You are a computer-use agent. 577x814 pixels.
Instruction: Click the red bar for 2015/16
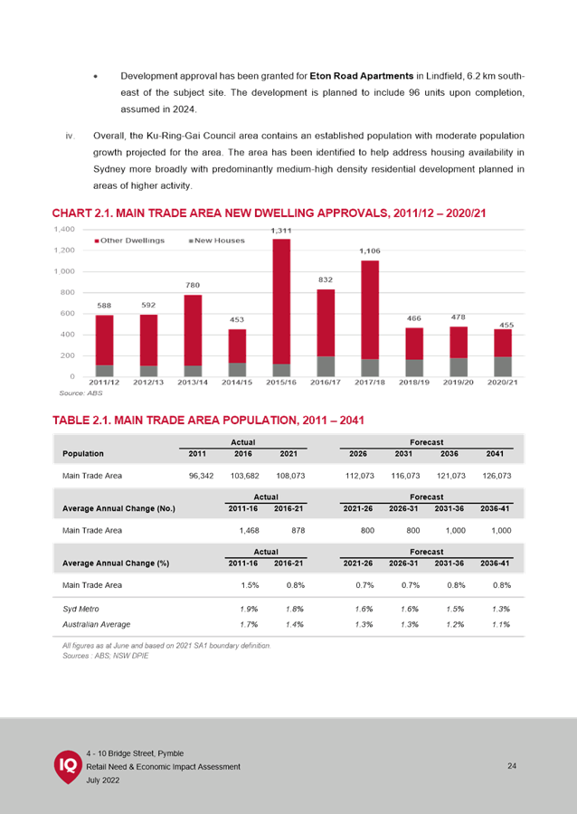(281, 301)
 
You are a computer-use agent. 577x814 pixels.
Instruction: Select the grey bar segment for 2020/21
(503, 366)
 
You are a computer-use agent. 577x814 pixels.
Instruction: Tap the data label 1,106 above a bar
(370, 251)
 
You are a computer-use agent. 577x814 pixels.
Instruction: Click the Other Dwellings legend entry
(129, 241)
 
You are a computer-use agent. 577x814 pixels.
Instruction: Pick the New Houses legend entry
(216, 241)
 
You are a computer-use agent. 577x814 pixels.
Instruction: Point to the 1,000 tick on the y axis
(65, 271)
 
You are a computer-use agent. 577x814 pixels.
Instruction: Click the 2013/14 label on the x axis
(193, 382)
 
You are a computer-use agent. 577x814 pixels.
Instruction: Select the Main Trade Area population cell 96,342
(198, 476)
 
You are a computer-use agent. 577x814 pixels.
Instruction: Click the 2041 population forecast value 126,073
(495, 476)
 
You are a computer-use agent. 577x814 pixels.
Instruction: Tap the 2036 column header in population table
(449, 454)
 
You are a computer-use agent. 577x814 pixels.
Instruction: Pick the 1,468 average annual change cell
(249, 531)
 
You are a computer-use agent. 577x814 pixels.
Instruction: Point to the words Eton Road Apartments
(362, 76)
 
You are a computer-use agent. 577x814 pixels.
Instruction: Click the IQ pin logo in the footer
(68, 766)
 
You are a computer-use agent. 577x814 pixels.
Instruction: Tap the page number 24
(512, 766)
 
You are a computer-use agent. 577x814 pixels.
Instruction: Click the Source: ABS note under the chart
(81, 393)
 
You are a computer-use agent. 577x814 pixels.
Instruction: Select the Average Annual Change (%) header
(116, 563)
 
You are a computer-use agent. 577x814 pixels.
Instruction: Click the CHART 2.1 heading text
(269, 213)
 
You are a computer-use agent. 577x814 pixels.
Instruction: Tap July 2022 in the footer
(103, 781)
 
